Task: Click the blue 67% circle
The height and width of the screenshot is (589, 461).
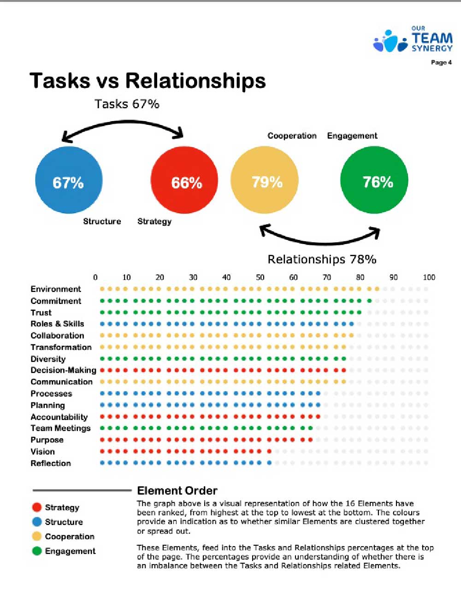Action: pos(69,181)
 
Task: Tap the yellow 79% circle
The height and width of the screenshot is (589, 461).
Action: pos(265,181)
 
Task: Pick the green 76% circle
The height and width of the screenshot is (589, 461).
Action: pos(374,181)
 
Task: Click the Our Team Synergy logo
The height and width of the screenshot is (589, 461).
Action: pos(413,40)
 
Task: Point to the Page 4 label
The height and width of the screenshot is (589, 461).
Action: pos(441,63)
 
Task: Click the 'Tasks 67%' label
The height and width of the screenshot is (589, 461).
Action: pos(127,104)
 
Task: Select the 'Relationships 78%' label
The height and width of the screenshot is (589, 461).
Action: pos(322,259)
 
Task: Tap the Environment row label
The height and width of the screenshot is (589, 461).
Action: pos(56,289)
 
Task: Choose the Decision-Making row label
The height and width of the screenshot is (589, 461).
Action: pos(63,370)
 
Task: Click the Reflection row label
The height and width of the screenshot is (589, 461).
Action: pos(51,463)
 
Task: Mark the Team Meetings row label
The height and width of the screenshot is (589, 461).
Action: pos(60,428)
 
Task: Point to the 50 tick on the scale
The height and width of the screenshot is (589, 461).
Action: pos(260,277)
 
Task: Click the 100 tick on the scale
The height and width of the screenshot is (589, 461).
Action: pos(429,277)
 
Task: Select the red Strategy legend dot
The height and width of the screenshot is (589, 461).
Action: pos(37,507)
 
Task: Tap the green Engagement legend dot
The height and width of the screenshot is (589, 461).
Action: pos(37,551)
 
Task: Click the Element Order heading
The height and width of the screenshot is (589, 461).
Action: pos(177,491)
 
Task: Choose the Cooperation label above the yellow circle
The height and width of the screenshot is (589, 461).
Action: pos(292,136)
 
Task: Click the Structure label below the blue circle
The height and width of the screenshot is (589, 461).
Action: pos(102,222)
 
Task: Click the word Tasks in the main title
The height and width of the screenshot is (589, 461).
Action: pos(60,81)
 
